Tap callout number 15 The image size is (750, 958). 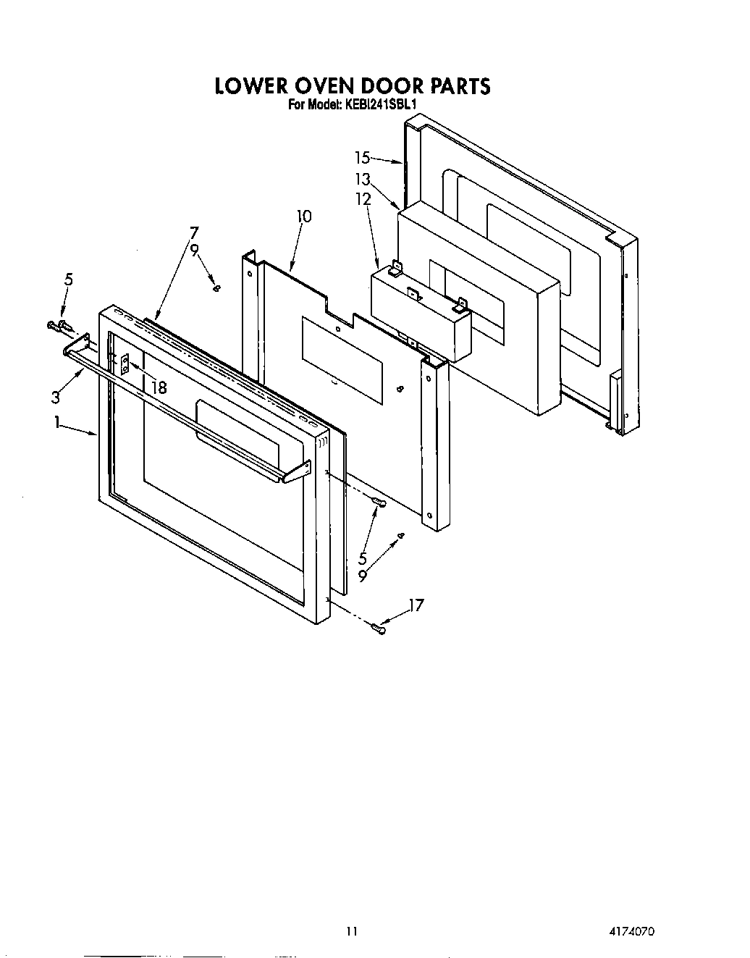tap(363, 157)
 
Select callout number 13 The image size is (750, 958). tap(363, 179)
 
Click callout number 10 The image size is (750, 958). tap(304, 216)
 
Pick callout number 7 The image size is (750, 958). tap(194, 232)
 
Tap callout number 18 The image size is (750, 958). tap(159, 387)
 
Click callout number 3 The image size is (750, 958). tap(56, 396)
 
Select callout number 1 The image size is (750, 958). tap(58, 424)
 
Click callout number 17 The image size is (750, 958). tap(416, 605)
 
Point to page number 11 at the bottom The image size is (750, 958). tap(352, 931)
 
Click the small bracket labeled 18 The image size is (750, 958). tap(125, 363)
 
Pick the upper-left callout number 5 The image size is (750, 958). tap(69, 279)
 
